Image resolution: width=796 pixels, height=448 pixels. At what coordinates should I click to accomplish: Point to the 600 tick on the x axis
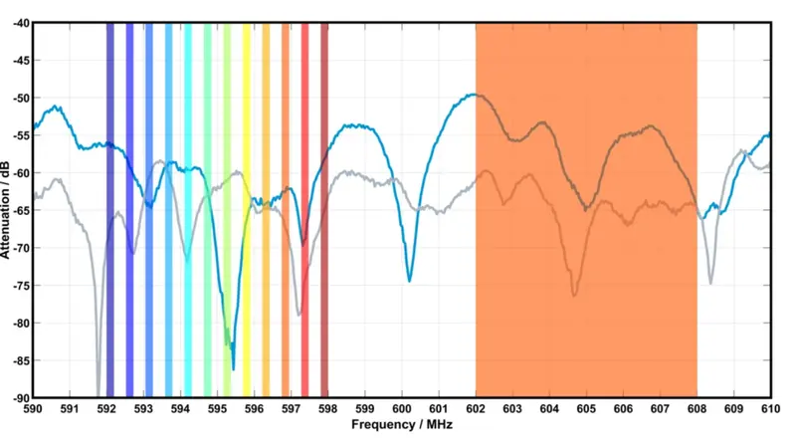[x=401, y=406]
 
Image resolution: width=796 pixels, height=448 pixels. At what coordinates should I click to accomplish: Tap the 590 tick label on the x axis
[x=33, y=406]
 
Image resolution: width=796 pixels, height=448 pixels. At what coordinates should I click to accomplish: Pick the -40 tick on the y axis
[x=19, y=23]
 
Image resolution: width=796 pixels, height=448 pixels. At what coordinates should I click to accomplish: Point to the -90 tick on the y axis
[x=19, y=397]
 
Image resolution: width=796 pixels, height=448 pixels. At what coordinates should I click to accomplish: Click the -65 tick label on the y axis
[x=19, y=210]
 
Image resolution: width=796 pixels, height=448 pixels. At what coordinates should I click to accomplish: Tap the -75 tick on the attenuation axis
[x=19, y=285]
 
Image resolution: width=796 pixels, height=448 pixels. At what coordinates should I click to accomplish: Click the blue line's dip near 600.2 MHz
[x=409, y=281]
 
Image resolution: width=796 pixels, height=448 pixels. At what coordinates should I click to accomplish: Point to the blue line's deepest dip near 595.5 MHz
[x=234, y=369]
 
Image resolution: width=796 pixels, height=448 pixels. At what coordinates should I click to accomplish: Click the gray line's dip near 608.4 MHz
[x=710, y=283]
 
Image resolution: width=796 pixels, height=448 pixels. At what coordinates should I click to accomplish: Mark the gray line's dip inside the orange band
[x=574, y=295]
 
